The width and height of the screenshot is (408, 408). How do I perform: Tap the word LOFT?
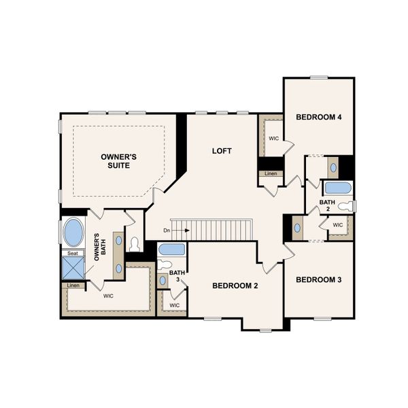click(222, 151)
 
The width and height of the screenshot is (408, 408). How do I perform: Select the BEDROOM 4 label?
click(318, 117)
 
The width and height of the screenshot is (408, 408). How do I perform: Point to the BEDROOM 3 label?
click(318, 279)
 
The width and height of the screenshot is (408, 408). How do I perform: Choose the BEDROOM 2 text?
click(235, 286)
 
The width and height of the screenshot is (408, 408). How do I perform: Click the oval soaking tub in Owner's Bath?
click(73, 233)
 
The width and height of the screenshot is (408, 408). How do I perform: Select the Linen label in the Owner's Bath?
click(73, 285)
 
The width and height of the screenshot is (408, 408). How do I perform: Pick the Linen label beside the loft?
click(270, 173)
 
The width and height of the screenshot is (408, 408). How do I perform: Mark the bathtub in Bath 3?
click(171, 249)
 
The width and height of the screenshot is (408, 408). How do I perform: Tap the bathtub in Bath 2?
click(337, 188)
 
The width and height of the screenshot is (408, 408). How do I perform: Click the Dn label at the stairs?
click(167, 231)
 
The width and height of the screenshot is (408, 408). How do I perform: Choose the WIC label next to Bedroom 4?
click(273, 138)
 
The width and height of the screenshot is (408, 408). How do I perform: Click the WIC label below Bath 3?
click(174, 305)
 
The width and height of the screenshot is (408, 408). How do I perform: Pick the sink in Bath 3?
click(163, 279)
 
